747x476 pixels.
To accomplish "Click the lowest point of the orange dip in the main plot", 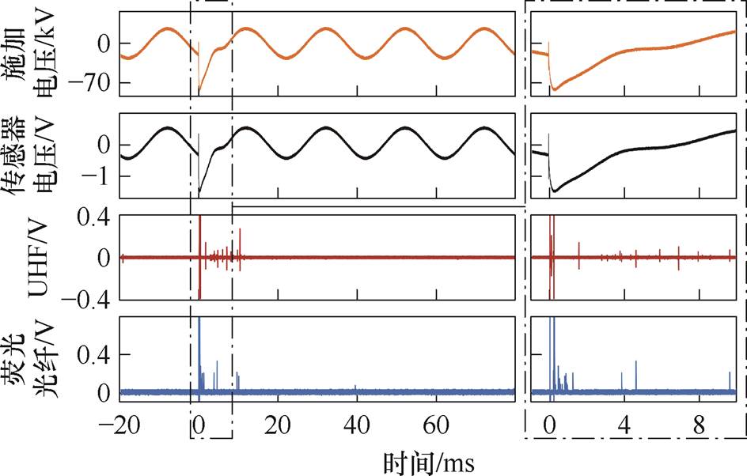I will point(199,93).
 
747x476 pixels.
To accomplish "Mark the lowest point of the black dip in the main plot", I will point(199,194).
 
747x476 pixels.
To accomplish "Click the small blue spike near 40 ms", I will point(356,387).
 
